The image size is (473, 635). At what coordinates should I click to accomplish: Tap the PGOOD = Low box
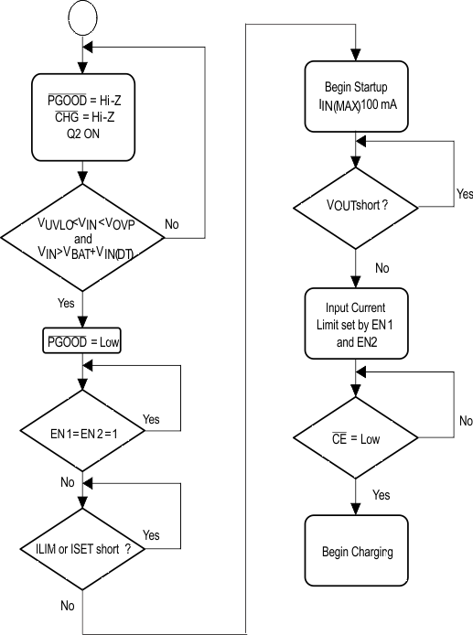(x=82, y=343)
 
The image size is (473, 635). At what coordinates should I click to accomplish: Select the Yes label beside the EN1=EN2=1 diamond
(x=151, y=419)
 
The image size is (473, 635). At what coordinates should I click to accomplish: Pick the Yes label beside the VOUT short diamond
(x=465, y=194)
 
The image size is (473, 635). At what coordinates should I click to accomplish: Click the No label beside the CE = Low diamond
(x=465, y=422)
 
